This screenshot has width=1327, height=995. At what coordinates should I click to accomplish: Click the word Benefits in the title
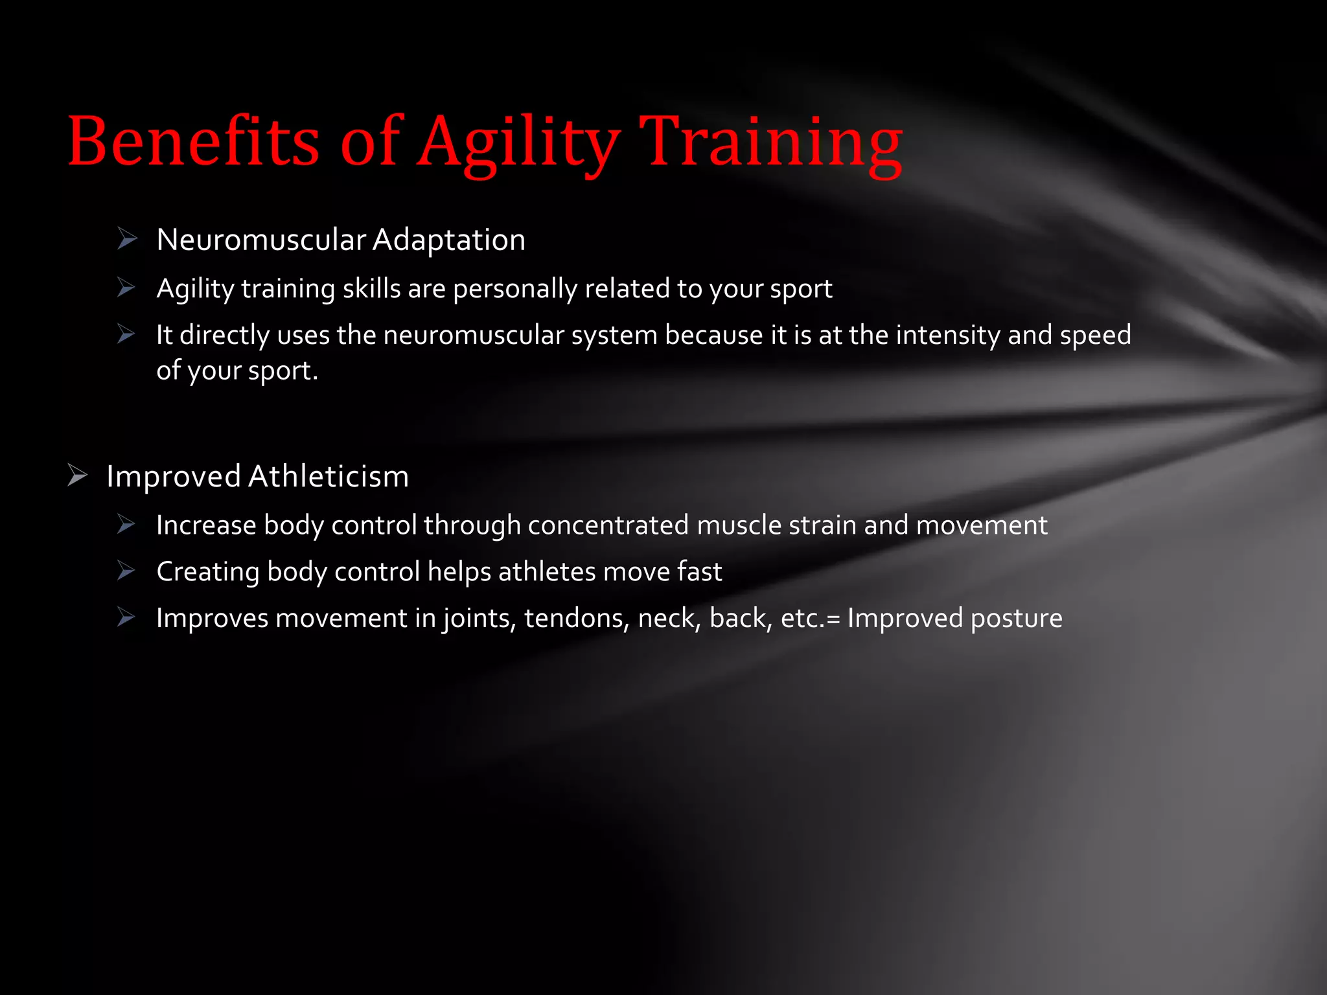[x=193, y=141]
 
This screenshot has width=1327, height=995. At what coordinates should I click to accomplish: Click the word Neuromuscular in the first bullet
[x=261, y=240]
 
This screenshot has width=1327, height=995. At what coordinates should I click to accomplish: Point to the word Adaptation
[x=448, y=240]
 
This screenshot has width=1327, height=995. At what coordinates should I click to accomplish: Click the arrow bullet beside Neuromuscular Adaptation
[x=127, y=239]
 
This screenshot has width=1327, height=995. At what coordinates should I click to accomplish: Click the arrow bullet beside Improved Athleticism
[x=77, y=475]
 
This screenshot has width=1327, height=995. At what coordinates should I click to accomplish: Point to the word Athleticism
[x=329, y=476]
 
